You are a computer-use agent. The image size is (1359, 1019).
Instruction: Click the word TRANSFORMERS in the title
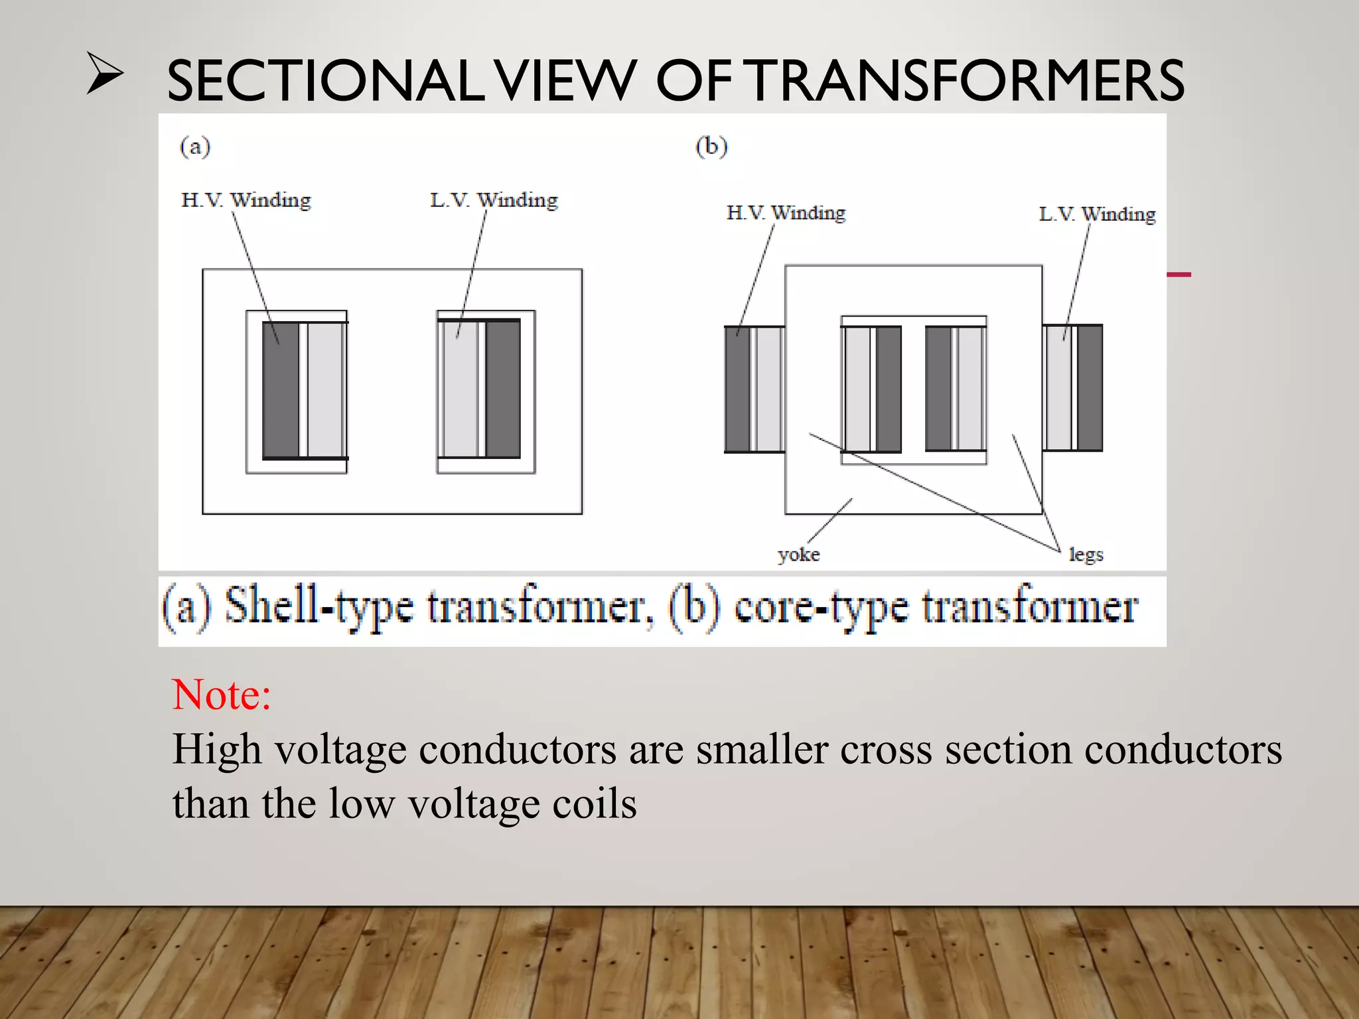967,81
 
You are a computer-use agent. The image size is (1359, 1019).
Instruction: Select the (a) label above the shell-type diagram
195,146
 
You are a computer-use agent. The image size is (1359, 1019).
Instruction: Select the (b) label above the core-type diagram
711,146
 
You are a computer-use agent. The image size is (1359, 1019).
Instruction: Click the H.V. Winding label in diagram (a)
246,200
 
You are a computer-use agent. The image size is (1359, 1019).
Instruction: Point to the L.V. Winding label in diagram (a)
494,200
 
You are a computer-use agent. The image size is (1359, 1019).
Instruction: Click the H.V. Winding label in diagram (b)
786,213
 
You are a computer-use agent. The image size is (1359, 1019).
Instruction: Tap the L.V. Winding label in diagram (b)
1097,214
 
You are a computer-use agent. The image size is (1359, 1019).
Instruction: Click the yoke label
799,555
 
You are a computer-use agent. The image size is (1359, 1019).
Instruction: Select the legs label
1086,555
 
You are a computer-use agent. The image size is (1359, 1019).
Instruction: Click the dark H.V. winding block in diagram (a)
281,390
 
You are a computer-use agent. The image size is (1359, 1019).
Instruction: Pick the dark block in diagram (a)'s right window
503,389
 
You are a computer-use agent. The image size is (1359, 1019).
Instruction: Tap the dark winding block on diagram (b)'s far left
737,389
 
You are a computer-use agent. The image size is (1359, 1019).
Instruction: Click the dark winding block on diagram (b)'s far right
1090,388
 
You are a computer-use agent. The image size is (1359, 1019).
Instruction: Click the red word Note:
222,695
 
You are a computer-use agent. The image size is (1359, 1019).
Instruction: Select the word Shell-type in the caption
319,606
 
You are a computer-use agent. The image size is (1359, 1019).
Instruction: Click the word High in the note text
217,750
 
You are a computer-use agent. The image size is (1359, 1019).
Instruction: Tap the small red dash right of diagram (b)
1179,274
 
